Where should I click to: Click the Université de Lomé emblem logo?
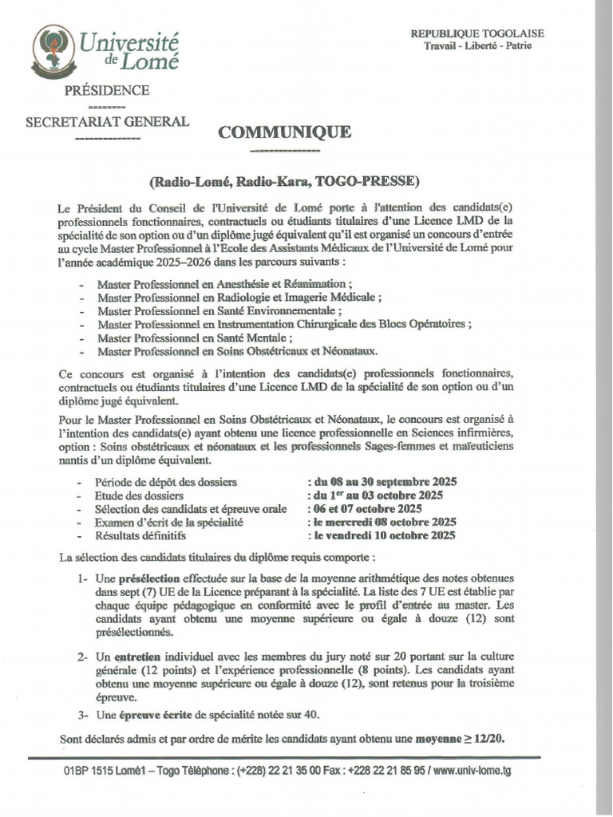[49, 49]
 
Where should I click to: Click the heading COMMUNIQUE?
[285, 132]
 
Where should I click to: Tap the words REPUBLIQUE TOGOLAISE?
[477, 33]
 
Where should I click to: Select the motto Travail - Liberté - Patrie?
[477, 45]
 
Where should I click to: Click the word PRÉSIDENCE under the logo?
[105, 90]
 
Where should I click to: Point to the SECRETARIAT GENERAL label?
[108, 122]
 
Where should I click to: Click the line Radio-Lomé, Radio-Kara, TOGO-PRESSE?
[285, 180]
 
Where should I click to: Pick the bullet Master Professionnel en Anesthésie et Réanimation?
[223, 284]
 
